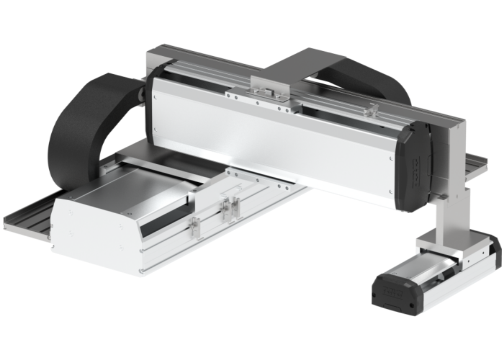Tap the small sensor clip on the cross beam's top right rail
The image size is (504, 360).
(x=372, y=109)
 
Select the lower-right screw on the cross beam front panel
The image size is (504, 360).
(x=390, y=192)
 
